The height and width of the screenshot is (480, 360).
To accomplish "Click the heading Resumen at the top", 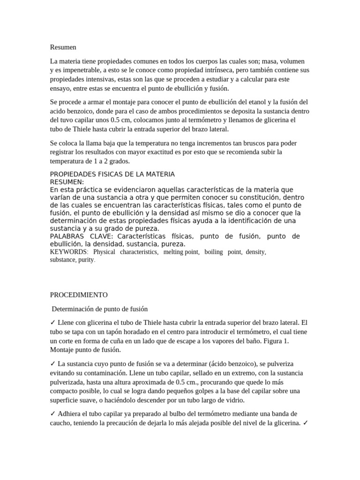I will click(x=63, y=47).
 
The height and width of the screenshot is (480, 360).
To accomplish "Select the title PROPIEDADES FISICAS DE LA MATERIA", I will click(x=112, y=174).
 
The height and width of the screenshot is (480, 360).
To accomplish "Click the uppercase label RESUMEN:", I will click(x=67, y=182).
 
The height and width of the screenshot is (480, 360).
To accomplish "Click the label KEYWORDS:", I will click(x=68, y=252).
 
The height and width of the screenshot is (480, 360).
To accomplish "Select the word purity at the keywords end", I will click(x=87, y=260).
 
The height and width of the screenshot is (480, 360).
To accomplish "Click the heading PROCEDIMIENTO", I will click(x=79, y=295).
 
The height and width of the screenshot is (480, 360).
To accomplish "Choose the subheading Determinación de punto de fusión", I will click(x=99, y=309).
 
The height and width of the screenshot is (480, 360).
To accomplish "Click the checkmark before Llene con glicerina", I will click(x=53, y=323).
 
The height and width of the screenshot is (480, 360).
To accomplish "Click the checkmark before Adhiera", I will click(x=53, y=414).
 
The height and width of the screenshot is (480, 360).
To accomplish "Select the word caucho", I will click(x=61, y=423).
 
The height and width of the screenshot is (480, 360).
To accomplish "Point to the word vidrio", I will click(x=235, y=400).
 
